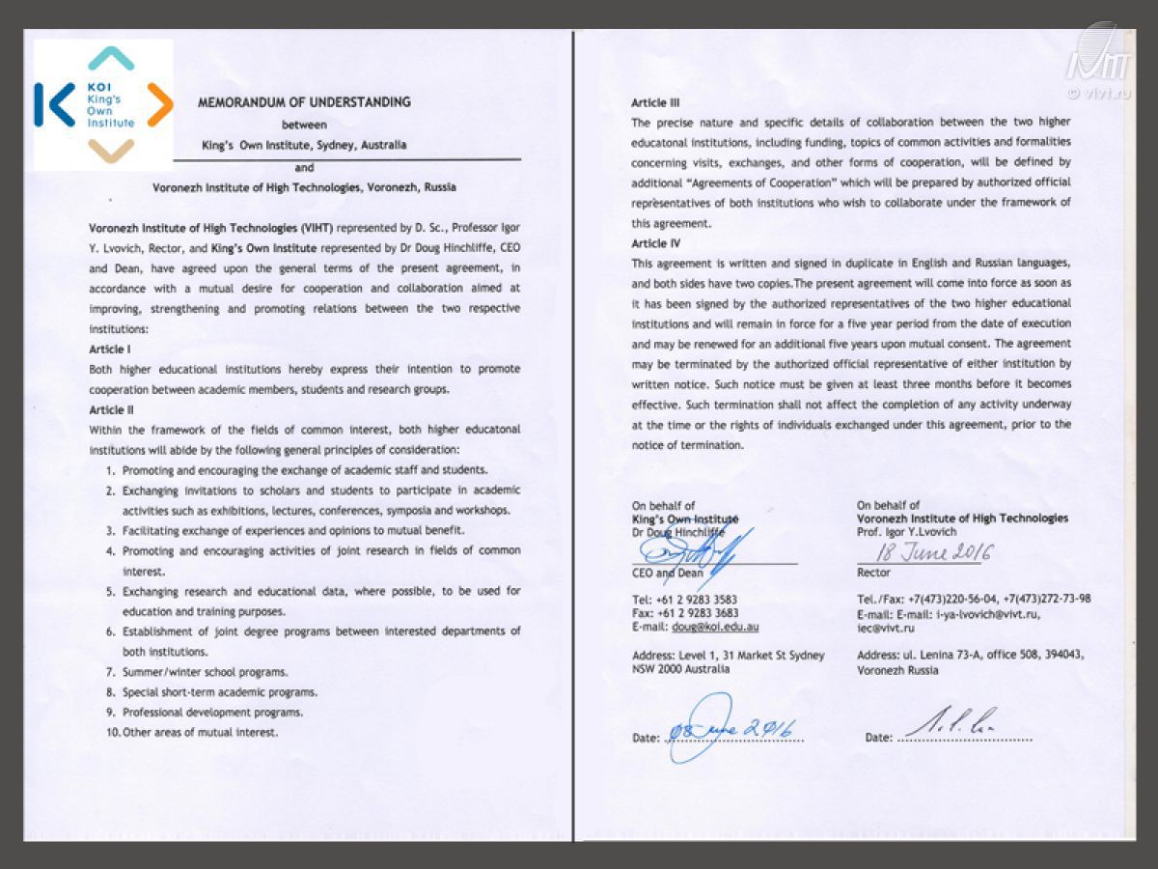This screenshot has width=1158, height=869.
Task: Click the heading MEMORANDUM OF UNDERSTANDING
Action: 304,101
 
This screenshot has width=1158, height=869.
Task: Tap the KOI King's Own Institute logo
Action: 103,104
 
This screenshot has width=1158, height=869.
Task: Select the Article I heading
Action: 110,349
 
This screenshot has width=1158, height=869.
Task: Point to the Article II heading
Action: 111,410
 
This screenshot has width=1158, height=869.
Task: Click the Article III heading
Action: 656,101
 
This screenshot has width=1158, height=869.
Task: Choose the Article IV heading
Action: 656,243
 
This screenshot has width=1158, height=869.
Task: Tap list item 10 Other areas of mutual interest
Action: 200,733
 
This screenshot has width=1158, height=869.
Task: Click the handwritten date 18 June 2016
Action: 935,552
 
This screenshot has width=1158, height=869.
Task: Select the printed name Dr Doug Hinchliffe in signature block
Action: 685,532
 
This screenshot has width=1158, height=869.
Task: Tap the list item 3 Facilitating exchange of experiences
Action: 293,531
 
